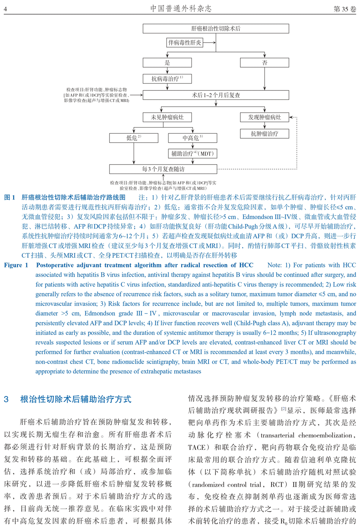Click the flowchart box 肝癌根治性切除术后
pyautogui.click(x=216, y=28)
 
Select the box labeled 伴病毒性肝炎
pyautogui.click(x=185, y=43)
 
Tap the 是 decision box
pyautogui.click(x=167, y=63)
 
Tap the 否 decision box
pyautogui.click(x=265, y=63)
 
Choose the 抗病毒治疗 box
pyautogui.click(x=167, y=79)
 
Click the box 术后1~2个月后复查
pyautogui.click(x=216, y=95)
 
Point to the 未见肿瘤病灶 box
pyautogui.click(x=167, y=117)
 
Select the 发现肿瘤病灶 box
pyautogui.click(x=265, y=117)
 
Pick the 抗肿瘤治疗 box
pyautogui.click(x=265, y=134)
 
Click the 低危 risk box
pyautogui.click(x=134, y=138)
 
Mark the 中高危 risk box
pyautogui.click(x=193, y=138)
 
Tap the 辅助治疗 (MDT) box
pyautogui.click(x=193, y=154)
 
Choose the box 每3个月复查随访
pyautogui.click(x=163, y=169)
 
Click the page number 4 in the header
pyautogui.click(x=6, y=9)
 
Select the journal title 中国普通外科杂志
pyautogui.click(x=181, y=8)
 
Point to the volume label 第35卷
pyautogui.click(x=344, y=9)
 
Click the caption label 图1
pyautogui.click(x=10, y=197)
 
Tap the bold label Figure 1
pyautogui.click(x=16, y=265)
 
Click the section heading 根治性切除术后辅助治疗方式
pyautogui.click(x=76, y=399)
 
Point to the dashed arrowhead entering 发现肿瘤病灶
pyautogui.click(x=291, y=117)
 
